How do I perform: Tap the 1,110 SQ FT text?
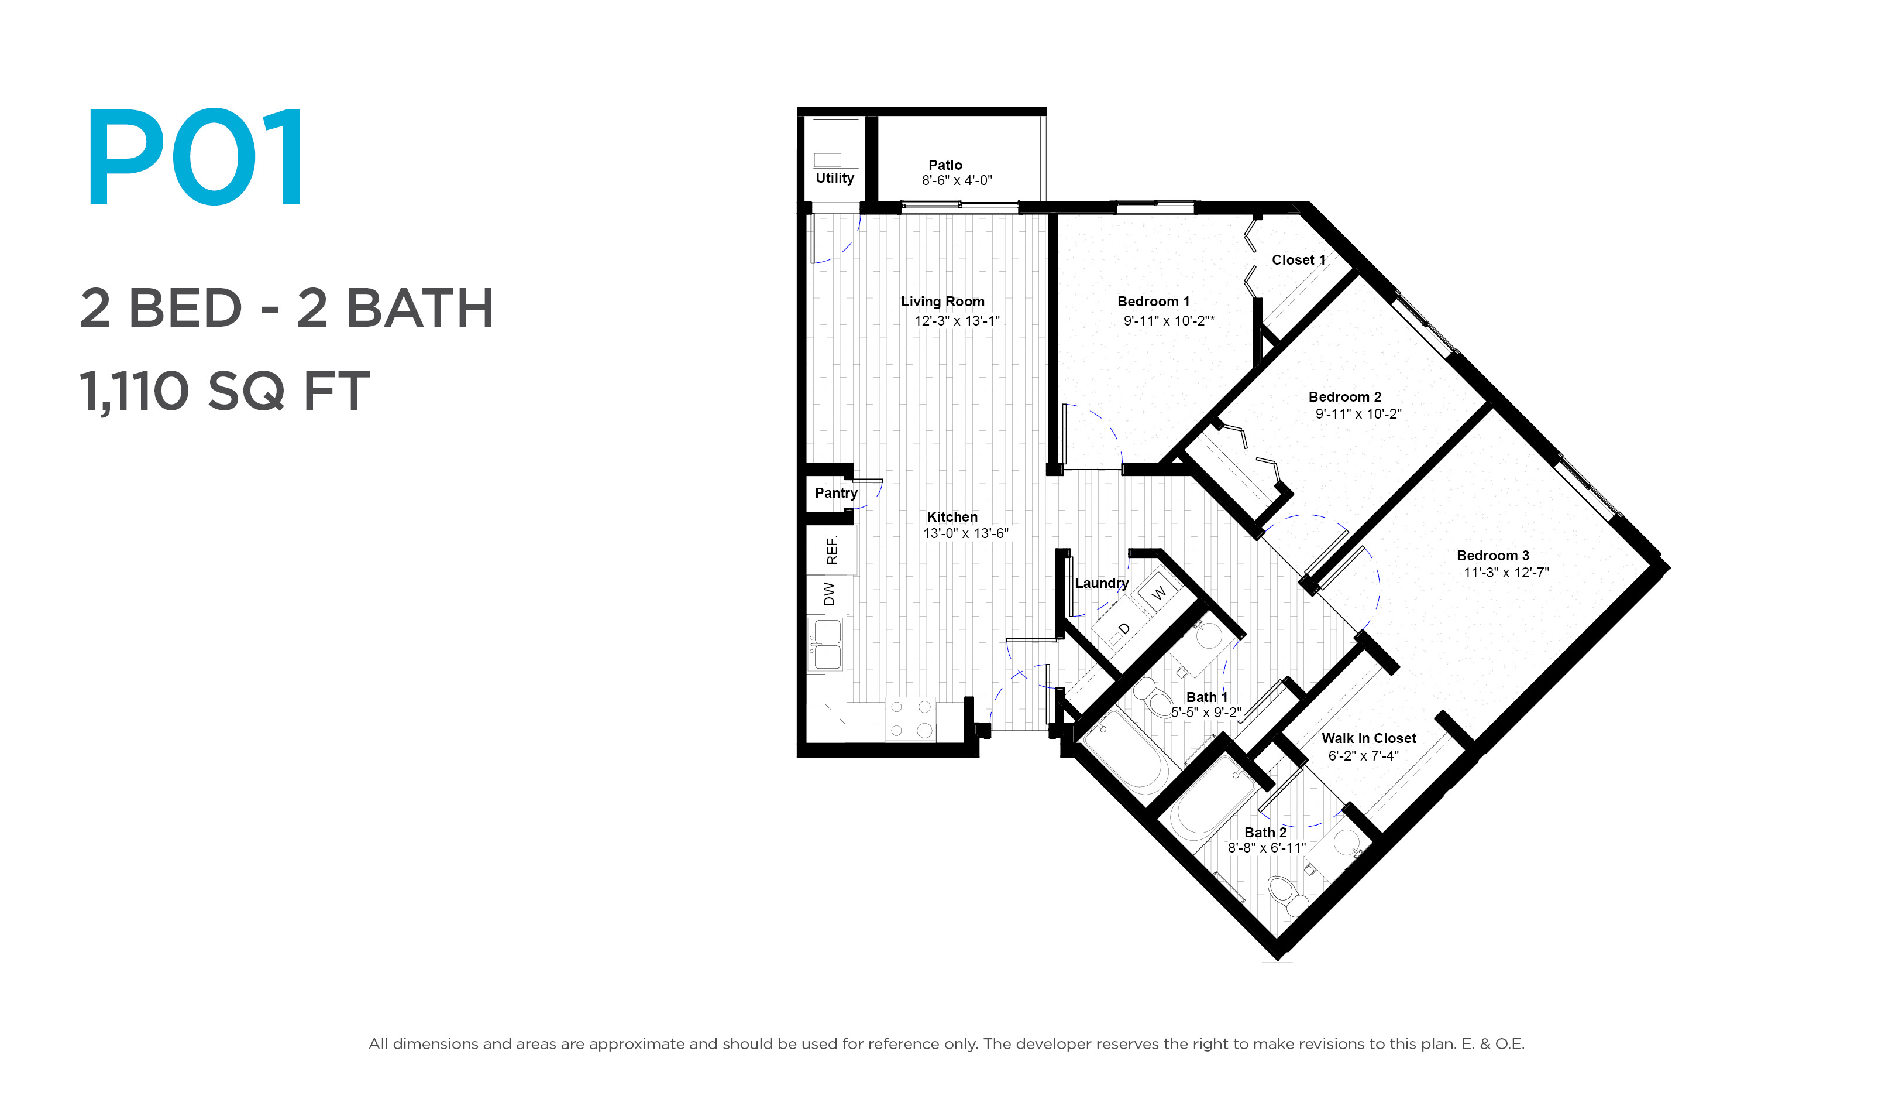(225, 391)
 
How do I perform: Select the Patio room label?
(945, 165)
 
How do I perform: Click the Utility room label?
(835, 178)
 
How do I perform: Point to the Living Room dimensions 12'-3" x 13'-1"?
(957, 321)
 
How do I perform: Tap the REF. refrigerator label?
(832, 549)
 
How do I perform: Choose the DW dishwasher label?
(829, 594)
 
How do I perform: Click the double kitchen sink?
(827, 644)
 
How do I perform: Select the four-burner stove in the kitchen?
(910, 719)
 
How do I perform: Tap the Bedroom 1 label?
(1153, 301)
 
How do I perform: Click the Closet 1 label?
(1298, 260)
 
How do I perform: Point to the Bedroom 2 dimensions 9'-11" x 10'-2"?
(1358, 414)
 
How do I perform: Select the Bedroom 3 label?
(1492, 555)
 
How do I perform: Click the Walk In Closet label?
(1369, 738)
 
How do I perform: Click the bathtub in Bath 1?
(1124, 751)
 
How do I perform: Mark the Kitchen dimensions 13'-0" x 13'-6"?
(965, 533)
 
